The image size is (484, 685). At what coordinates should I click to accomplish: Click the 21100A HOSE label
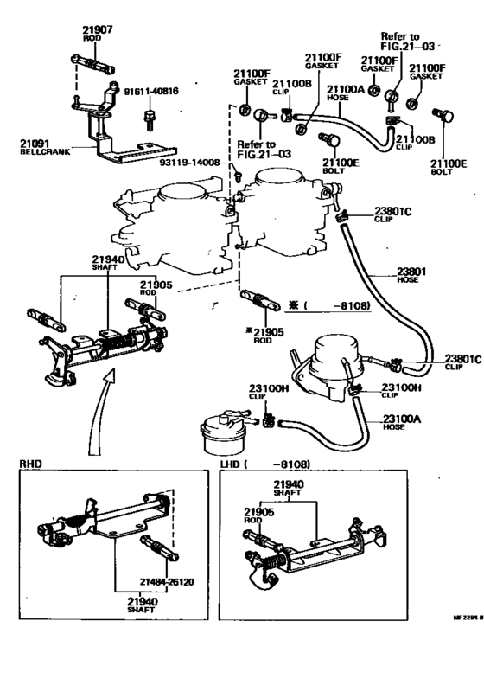(341, 91)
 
